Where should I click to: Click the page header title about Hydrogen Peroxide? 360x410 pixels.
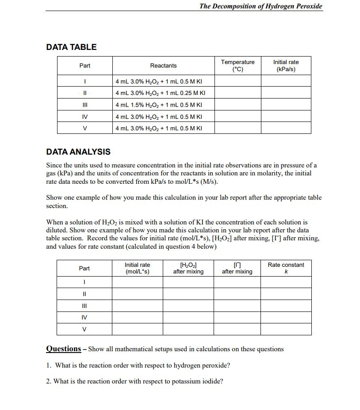click(260, 6)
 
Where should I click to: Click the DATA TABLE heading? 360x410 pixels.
click(71, 47)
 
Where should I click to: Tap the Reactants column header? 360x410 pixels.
click(163, 66)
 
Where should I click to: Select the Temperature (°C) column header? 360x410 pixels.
click(237, 65)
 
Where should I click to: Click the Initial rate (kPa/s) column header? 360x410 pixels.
click(286, 65)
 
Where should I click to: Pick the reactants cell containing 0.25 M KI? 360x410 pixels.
click(160, 93)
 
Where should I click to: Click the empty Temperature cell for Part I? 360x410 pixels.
click(237, 81)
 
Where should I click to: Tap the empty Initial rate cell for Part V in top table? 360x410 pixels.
click(286, 128)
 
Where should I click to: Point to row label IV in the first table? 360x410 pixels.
click(84, 117)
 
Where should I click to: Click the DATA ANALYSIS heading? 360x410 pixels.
click(78, 152)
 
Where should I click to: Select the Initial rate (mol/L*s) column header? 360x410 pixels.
click(137, 268)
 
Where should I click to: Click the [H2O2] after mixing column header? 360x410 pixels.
click(188, 268)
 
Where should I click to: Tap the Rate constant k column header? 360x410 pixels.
click(286, 268)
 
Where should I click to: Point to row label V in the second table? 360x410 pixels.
click(84, 329)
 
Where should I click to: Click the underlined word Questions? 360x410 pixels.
click(64, 349)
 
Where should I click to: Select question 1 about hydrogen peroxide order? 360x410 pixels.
click(138, 365)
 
